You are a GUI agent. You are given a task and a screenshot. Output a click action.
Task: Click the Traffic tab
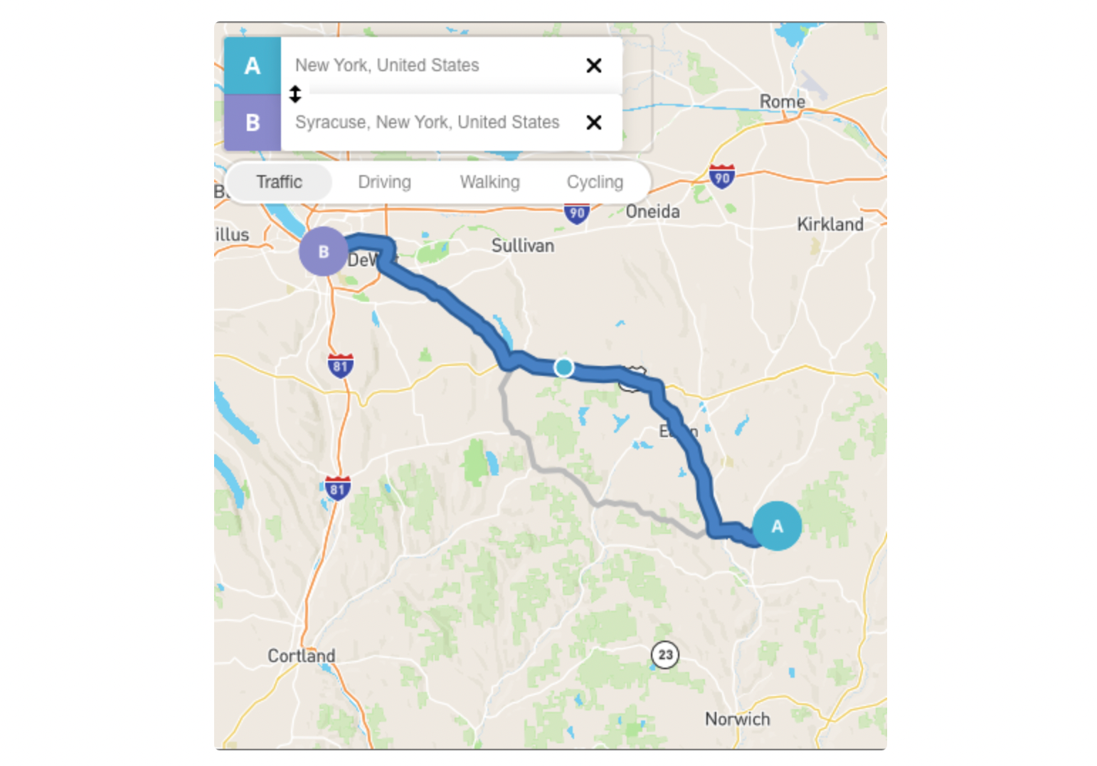point(280,182)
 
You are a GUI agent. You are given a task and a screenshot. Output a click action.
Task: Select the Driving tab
point(384,182)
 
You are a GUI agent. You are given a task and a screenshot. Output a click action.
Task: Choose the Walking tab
point(489,182)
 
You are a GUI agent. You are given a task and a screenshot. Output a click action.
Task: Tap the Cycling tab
point(595,182)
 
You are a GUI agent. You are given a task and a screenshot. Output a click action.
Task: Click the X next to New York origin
point(594,65)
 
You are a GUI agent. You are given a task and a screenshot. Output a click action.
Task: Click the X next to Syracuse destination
point(594,122)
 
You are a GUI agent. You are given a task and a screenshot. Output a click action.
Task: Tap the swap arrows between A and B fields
point(295,94)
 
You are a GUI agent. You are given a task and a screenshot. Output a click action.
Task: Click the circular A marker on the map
point(777,526)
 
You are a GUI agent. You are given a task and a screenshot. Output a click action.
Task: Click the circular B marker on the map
point(324,251)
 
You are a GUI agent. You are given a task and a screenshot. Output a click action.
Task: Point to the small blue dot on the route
point(564,367)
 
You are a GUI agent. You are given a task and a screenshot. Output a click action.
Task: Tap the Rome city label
point(782,102)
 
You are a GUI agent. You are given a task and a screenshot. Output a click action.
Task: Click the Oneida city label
point(652,211)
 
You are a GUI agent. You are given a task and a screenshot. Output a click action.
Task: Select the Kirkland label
point(830,224)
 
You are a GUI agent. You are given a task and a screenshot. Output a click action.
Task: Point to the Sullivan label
point(522,246)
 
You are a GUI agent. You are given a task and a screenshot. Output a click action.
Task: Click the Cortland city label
point(301,656)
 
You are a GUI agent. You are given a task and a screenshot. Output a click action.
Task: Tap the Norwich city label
point(737,719)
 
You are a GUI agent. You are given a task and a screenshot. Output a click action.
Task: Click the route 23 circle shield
point(665,654)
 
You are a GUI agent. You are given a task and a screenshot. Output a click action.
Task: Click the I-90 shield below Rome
point(721,177)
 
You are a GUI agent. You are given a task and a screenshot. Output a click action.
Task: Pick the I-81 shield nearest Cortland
point(338,488)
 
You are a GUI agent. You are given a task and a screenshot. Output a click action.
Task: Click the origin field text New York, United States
point(387,65)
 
